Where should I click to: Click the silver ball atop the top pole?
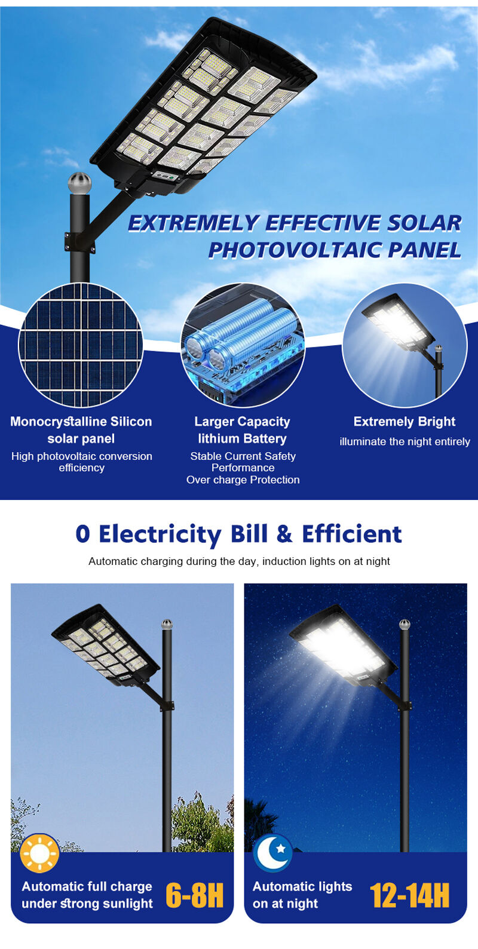(79, 183)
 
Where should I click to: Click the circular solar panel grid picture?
(81, 345)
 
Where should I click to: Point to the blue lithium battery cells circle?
(243, 345)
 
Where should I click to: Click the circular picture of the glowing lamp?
(405, 345)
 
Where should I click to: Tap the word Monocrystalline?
(58, 422)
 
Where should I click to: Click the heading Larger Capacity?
(242, 422)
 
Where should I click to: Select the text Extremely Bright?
(405, 422)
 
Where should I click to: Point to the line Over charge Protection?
(243, 480)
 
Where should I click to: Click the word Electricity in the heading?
(160, 535)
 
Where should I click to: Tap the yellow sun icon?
(39, 853)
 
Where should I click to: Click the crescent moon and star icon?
(273, 853)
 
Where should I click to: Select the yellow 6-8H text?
(194, 896)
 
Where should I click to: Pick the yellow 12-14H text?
(409, 896)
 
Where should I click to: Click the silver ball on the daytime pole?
(167, 624)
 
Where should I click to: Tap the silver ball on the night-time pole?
(405, 624)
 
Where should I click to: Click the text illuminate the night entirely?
(405, 442)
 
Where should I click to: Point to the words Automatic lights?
(302, 886)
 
